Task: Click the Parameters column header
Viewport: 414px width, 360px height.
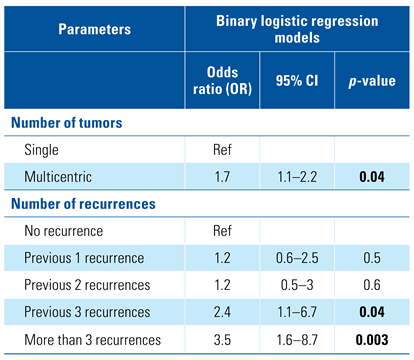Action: point(95,29)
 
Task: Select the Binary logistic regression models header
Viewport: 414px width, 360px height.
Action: point(297,29)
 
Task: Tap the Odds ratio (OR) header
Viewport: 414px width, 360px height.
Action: point(222,81)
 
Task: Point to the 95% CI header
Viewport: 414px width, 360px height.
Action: point(297,81)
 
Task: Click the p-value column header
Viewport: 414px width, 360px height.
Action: point(372,81)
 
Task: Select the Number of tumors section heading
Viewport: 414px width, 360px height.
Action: point(67,123)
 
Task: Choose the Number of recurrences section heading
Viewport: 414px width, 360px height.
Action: point(83,204)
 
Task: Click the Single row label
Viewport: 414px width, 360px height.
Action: point(41,150)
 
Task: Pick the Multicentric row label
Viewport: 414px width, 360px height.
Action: point(58,177)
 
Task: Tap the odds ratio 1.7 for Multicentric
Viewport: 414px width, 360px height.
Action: point(222,177)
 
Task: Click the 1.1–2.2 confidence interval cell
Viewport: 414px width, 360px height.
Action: point(297,177)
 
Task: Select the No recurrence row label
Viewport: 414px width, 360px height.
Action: point(64,231)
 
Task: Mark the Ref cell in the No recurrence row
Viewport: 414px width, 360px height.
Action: point(222,231)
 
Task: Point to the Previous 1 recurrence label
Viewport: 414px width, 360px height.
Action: point(84,258)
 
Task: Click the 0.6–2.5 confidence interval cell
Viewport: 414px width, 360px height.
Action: point(297,258)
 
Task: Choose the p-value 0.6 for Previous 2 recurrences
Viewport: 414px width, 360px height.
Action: point(372,285)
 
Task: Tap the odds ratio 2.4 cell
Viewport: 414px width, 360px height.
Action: point(222,312)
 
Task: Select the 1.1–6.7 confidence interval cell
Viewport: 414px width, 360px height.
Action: point(297,312)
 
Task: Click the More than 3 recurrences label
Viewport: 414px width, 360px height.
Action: point(93,340)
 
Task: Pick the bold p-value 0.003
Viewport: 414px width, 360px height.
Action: point(372,340)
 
